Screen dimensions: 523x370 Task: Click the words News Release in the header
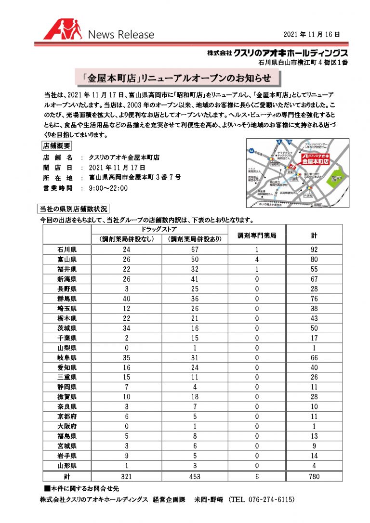tap(121, 35)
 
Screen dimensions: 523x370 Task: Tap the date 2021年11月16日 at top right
tap(312, 34)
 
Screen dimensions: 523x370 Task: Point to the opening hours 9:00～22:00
tap(108, 188)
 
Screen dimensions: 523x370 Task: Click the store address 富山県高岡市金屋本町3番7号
tap(135, 177)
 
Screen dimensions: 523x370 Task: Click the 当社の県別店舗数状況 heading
tap(74, 209)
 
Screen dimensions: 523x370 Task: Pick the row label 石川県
tap(67, 249)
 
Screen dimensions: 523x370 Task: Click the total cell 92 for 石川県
tap(314, 249)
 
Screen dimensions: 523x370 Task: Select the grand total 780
tap(314, 476)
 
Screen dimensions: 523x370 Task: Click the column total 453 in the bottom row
tap(195, 476)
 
